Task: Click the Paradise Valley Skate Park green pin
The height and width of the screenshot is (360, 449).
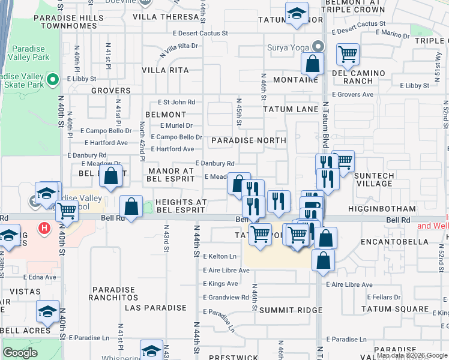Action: pyautogui.click(x=52, y=79)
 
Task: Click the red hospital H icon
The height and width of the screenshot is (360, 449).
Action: pyautogui.click(x=43, y=228)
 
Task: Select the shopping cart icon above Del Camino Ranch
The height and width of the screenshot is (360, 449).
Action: pyautogui.click(x=348, y=55)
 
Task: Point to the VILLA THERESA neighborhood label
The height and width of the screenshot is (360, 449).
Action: pyautogui.click(x=167, y=17)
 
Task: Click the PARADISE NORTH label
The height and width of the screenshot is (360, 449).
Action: pyautogui.click(x=249, y=140)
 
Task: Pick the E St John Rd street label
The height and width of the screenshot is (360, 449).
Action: pyautogui.click(x=176, y=103)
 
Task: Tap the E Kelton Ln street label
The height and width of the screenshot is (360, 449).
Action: pyautogui.click(x=220, y=256)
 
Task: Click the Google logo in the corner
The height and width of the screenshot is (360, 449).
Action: pyautogui.click(x=20, y=353)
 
